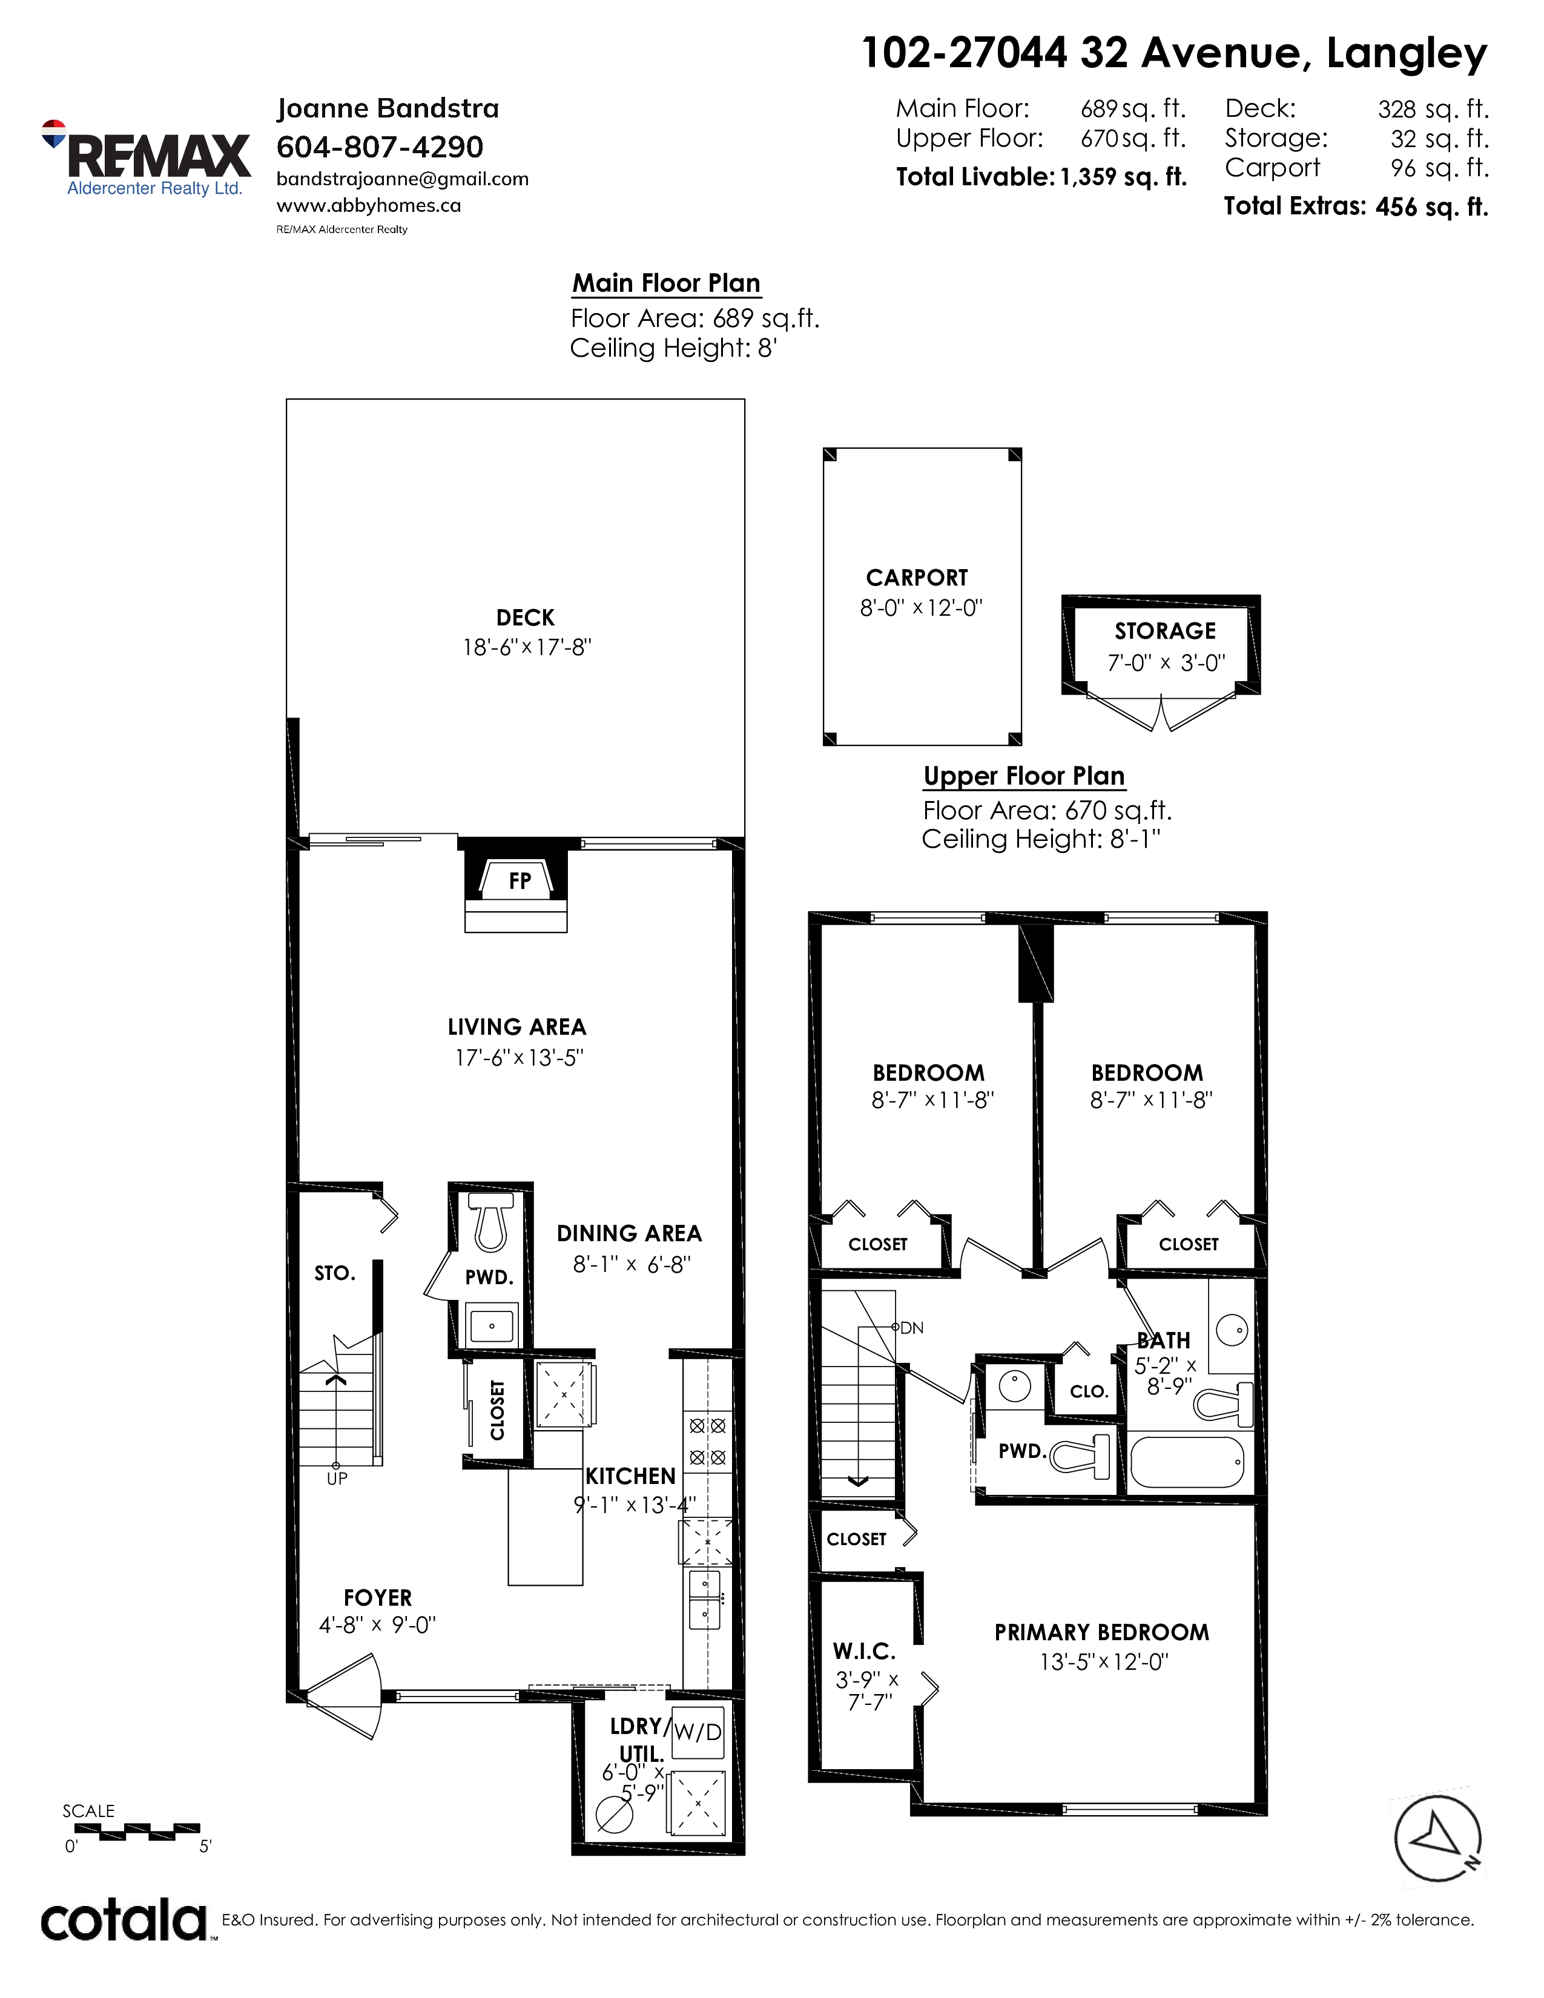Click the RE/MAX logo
pos(147,158)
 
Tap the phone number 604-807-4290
pos(380,147)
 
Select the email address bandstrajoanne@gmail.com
pos(403,179)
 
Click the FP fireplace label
pos(520,881)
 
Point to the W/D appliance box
pos(697,1732)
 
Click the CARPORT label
pos(917,578)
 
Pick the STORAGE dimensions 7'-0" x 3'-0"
pos(1166,662)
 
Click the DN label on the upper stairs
pos(912,1327)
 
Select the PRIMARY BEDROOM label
pos(1101,1633)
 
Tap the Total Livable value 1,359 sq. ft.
pos(1123,177)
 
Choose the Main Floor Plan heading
pos(666,283)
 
